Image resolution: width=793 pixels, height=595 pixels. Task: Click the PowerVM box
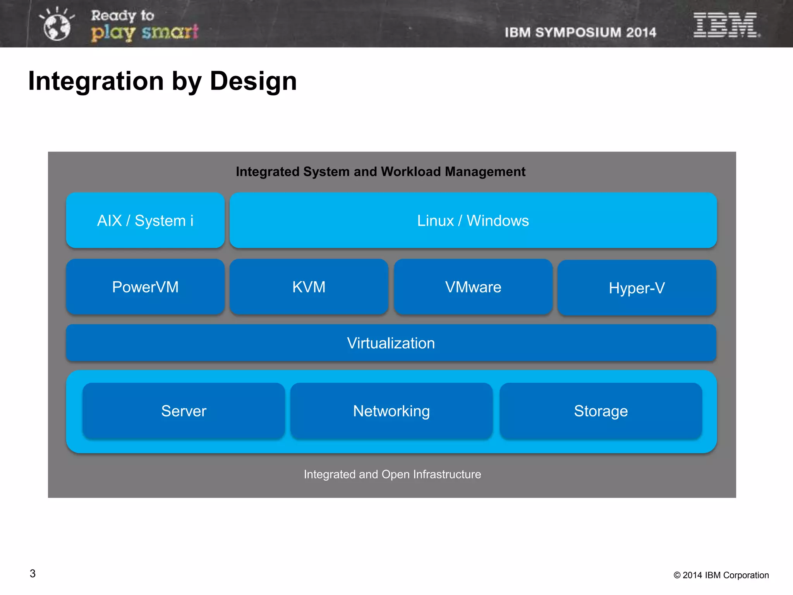pyautogui.click(x=145, y=287)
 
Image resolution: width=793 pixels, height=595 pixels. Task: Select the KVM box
pyautogui.click(x=309, y=287)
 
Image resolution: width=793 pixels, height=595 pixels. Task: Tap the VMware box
pyautogui.click(x=473, y=287)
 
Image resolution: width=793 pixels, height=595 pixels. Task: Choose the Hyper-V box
pyautogui.click(x=637, y=288)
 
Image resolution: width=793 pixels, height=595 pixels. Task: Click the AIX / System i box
pyautogui.click(x=145, y=220)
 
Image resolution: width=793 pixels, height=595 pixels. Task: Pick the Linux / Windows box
pyautogui.click(x=473, y=220)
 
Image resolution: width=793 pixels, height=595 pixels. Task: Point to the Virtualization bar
pyautogui.click(x=391, y=343)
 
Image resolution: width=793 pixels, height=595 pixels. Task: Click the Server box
pyautogui.click(x=184, y=411)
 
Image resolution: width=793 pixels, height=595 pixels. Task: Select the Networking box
pyautogui.click(x=391, y=411)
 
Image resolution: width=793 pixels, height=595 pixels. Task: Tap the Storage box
pyautogui.click(x=601, y=411)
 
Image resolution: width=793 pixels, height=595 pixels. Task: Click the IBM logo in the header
pyautogui.click(x=726, y=25)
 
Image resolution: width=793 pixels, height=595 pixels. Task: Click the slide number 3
pyautogui.click(x=33, y=574)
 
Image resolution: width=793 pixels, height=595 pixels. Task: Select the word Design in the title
pyautogui.click(x=253, y=81)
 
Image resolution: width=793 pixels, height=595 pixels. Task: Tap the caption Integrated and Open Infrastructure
pyautogui.click(x=392, y=474)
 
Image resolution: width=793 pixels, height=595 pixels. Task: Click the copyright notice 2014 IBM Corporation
pyautogui.click(x=721, y=575)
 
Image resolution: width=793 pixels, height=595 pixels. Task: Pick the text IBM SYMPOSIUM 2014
pyautogui.click(x=580, y=33)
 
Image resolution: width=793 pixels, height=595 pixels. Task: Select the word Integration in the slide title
pyautogui.click(x=96, y=81)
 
